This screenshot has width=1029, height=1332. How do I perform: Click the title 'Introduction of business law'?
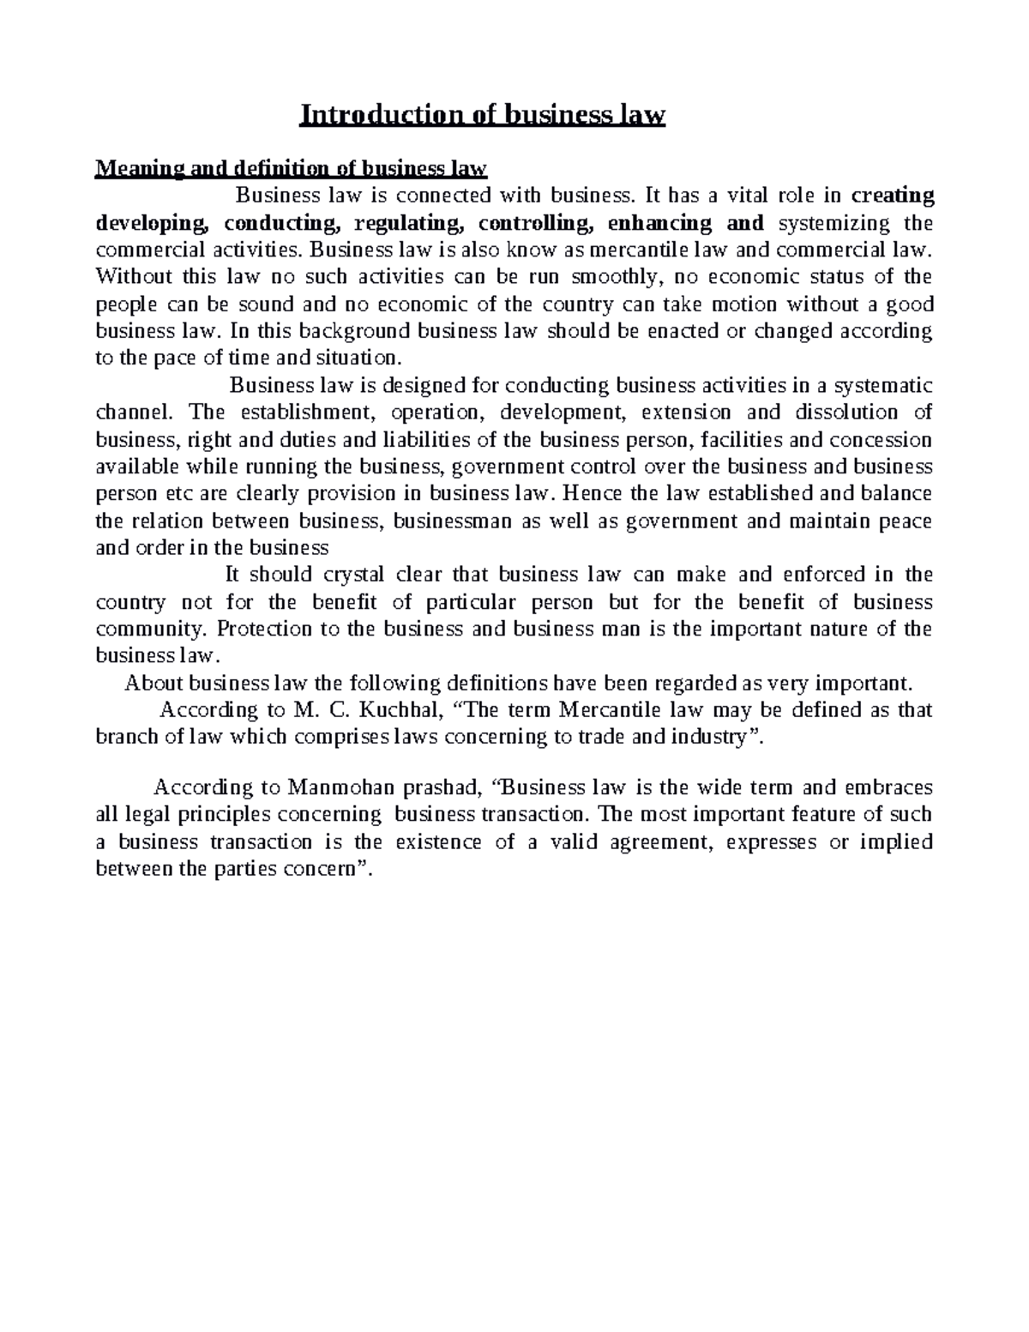click(x=482, y=115)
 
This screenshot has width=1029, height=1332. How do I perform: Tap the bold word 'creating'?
click(x=892, y=196)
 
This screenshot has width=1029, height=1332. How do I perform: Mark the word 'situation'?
click(x=363, y=358)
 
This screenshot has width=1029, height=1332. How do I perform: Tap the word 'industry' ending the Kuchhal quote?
click(x=719, y=736)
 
